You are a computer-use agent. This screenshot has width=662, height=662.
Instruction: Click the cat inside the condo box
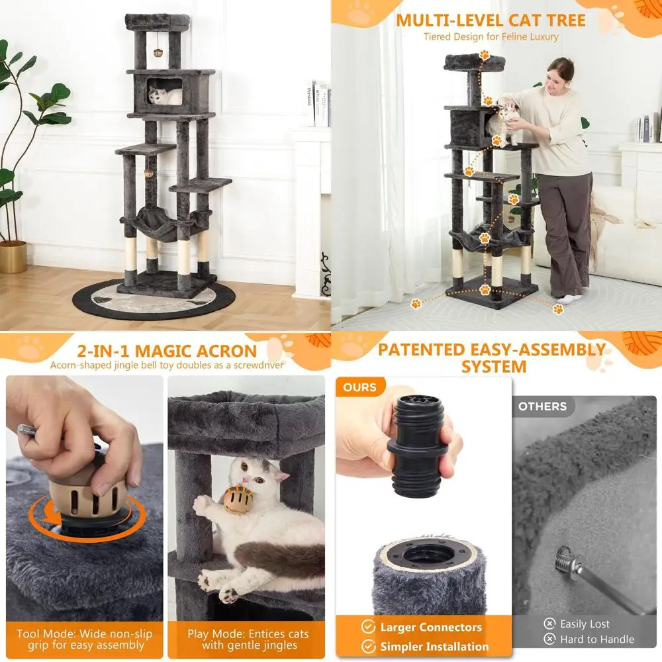165,95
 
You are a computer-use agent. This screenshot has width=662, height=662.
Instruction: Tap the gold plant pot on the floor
13,257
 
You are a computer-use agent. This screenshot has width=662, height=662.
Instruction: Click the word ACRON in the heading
226,352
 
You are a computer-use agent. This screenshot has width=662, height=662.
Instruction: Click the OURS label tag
359,387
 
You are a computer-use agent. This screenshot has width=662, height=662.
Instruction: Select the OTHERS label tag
543,406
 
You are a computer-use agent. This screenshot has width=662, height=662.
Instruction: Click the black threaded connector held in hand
418,446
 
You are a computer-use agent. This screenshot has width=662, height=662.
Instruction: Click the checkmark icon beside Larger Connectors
368,627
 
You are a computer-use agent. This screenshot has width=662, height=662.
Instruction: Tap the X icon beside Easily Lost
549,624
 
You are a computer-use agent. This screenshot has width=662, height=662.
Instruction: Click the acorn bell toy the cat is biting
238,500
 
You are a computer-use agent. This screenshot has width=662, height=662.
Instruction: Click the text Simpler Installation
434,646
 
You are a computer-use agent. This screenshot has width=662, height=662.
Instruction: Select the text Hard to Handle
597,639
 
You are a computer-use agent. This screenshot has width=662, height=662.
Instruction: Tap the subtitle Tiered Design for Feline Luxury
491,37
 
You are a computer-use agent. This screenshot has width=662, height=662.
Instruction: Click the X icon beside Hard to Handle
549,639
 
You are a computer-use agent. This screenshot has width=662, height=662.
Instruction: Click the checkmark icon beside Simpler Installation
368,646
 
